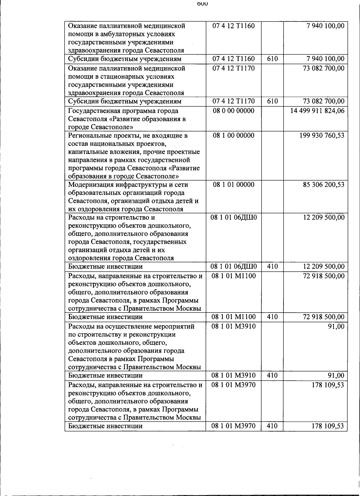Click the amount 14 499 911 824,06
pos(317,111)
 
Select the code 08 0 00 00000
pos(233,111)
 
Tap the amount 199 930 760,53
pos(322,136)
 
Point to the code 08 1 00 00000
pos(233,136)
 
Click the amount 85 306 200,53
pos(324,185)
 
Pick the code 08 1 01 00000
pos(233,185)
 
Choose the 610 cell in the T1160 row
pos(272,59)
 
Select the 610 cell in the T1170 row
pos(272,101)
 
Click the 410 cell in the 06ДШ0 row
pos(272,267)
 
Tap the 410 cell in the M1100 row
pos(272,317)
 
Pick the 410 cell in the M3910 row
pos(272,375)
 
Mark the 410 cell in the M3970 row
pos(272,426)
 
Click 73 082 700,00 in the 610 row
pos(324,101)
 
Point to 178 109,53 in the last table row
pos(328,426)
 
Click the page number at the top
pos(202,4)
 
